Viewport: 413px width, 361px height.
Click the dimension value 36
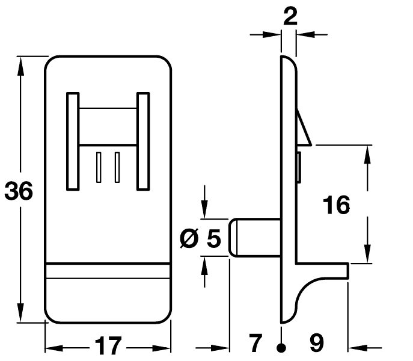tap(19, 191)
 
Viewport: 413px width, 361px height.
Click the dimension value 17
tap(108, 346)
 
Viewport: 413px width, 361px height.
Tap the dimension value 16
tap(336, 205)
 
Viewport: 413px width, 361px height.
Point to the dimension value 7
tap(255, 344)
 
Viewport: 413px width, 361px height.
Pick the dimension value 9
tap(316, 344)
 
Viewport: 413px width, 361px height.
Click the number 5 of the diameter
tap(213, 239)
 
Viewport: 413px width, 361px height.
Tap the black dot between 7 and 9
tap(281, 347)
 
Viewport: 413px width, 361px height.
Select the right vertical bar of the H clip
tap(142, 141)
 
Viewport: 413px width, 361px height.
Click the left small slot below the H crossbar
tap(99, 167)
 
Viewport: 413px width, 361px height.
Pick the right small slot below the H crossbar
tap(117, 167)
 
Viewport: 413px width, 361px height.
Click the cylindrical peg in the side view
tap(255, 238)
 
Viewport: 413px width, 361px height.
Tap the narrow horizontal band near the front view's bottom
tap(108, 271)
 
